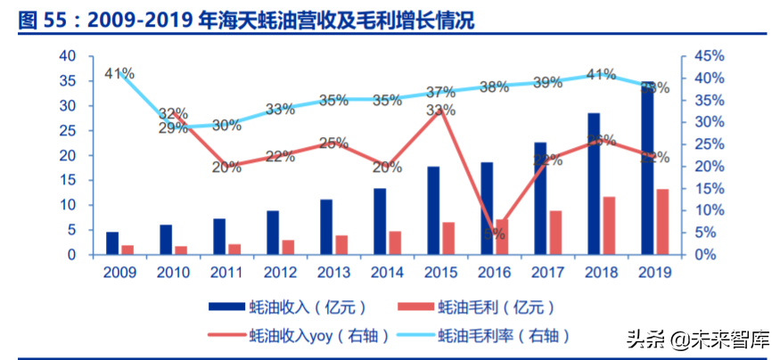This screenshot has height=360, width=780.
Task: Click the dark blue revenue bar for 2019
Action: point(648,169)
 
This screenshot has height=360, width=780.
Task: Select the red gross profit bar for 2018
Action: point(609,225)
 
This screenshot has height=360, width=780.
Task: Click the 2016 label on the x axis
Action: point(494,273)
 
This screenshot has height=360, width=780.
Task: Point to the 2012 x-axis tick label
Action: point(280,273)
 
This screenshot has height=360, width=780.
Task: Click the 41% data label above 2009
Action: point(119,73)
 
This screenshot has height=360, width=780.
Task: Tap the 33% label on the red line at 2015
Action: point(440,110)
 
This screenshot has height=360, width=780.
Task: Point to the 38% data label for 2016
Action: point(494,86)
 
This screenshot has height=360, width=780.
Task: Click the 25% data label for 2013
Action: point(333,143)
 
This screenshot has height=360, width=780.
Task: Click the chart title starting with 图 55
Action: point(246,20)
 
